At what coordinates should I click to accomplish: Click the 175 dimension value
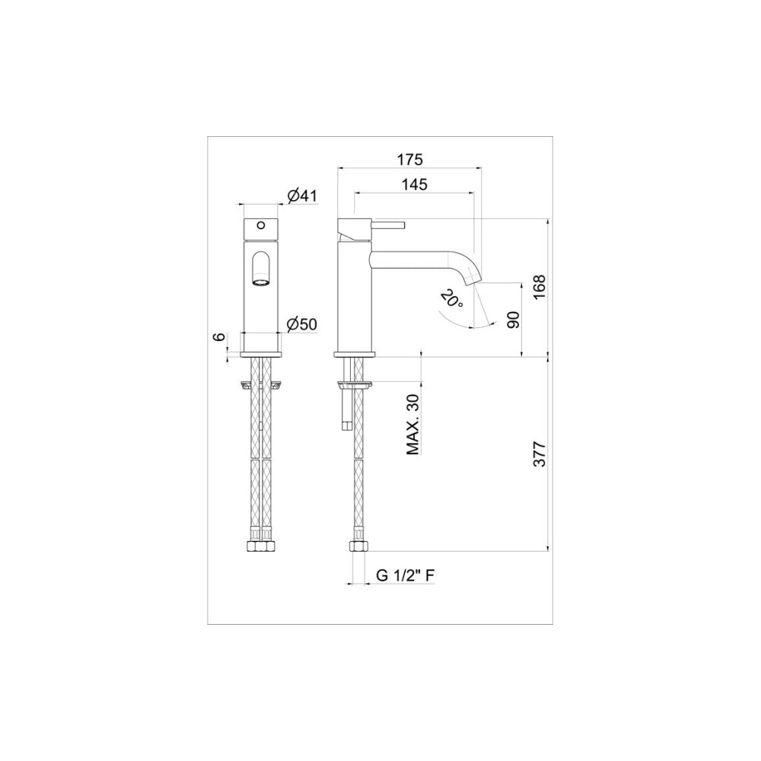click(x=410, y=159)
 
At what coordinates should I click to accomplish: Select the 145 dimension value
click(x=415, y=184)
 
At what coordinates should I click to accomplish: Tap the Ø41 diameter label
click(x=302, y=196)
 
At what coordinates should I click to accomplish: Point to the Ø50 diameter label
click(x=302, y=324)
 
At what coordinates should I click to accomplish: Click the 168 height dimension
click(x=540, y=288)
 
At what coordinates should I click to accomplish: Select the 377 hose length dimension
click(x=540, y=454)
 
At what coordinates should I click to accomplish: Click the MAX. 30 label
click(x=413, y=424)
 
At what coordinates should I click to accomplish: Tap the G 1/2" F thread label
click(x=406, y=575)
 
